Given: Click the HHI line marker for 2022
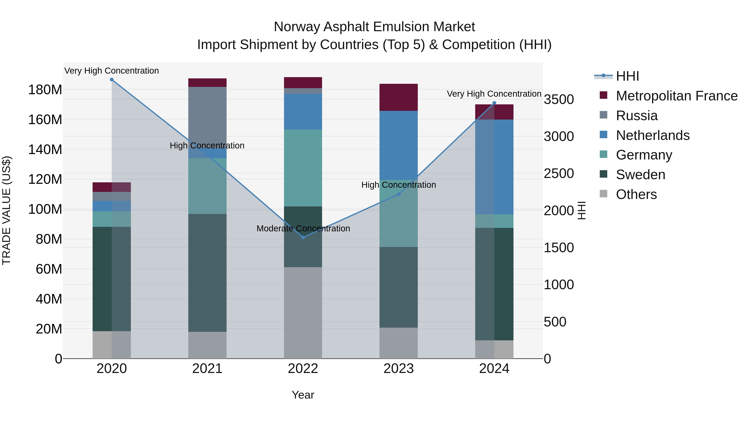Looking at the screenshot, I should [x=303, y=237].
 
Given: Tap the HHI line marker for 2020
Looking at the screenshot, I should [x=112, y=80].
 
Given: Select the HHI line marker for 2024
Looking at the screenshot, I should [x=494, y=103].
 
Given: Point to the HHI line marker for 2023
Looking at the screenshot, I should [x=399, y=194].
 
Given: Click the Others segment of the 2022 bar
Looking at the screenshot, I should [x=303, y=313].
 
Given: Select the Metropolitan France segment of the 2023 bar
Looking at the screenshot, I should [x=399, y=97].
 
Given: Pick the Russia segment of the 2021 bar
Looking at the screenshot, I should [x=207, y=116].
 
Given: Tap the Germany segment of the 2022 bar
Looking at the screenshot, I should [x=303, y=168].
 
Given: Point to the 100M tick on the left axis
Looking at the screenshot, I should [x=45, y=209].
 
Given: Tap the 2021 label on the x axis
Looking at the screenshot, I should [x=207, y=369].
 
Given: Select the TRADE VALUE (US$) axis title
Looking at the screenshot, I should [x=6, y=210].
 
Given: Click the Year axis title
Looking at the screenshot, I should [x=303, y=395].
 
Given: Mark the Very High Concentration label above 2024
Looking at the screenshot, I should [x=494, y=94].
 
